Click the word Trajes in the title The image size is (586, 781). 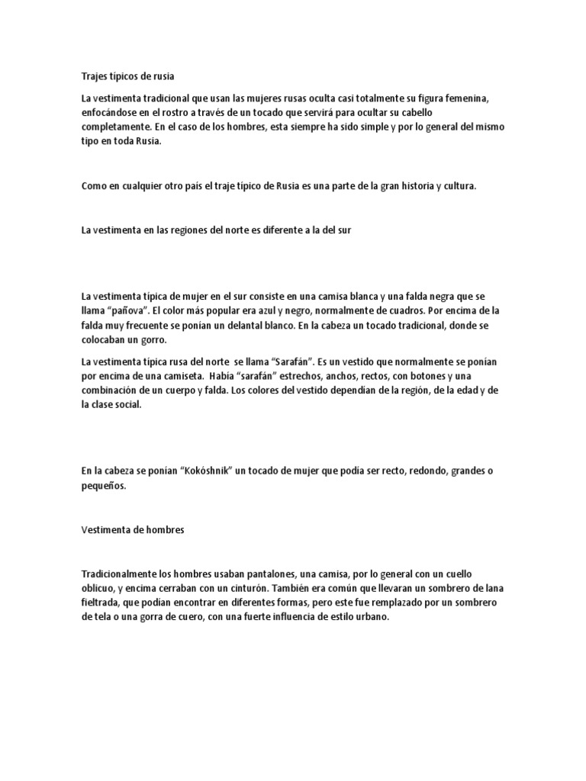(95, 76)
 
